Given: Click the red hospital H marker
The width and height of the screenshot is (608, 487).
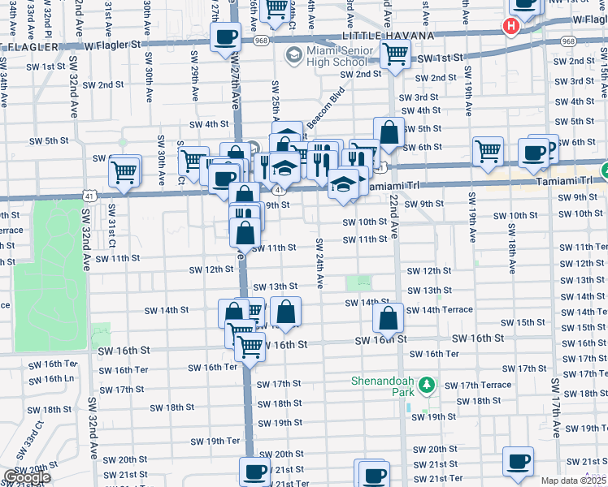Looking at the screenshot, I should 510,27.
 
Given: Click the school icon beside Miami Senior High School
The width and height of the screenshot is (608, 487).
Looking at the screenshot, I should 293,56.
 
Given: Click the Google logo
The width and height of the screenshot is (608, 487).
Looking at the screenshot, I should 27,476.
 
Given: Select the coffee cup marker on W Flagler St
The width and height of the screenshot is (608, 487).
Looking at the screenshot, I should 225,37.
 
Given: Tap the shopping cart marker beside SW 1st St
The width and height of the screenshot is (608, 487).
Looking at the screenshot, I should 395,54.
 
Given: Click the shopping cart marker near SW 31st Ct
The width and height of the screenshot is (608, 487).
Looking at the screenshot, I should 124,171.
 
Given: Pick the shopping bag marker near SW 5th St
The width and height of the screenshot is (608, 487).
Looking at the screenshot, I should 389,131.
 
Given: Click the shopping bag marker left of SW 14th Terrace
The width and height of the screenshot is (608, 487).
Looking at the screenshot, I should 389,318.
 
